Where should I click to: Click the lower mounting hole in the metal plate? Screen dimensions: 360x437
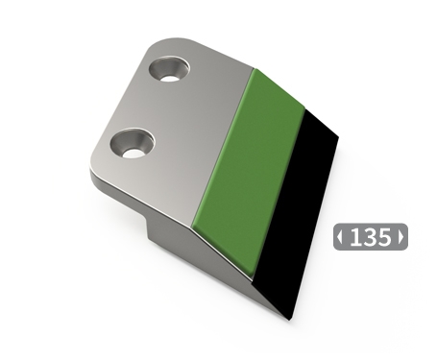pos(133,144)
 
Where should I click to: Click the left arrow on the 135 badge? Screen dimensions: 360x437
pos(340,237)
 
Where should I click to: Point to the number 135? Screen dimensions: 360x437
pos(371,237)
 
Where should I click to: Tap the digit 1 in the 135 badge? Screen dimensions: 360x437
pos(355,237)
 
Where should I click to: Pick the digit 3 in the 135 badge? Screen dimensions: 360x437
pos(370,237)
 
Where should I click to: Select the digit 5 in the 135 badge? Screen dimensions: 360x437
pos(384,237)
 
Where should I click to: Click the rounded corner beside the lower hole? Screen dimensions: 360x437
pos(97,169)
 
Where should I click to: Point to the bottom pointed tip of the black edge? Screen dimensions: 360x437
pos(286,316)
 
